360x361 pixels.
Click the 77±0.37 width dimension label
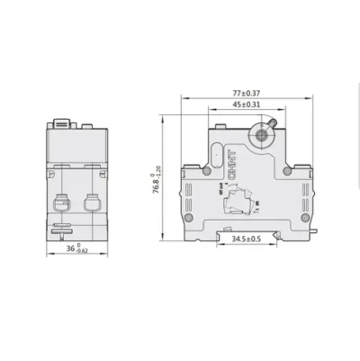click(x=246, y=92)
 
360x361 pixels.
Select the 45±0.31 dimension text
click(x=247, y=105)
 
